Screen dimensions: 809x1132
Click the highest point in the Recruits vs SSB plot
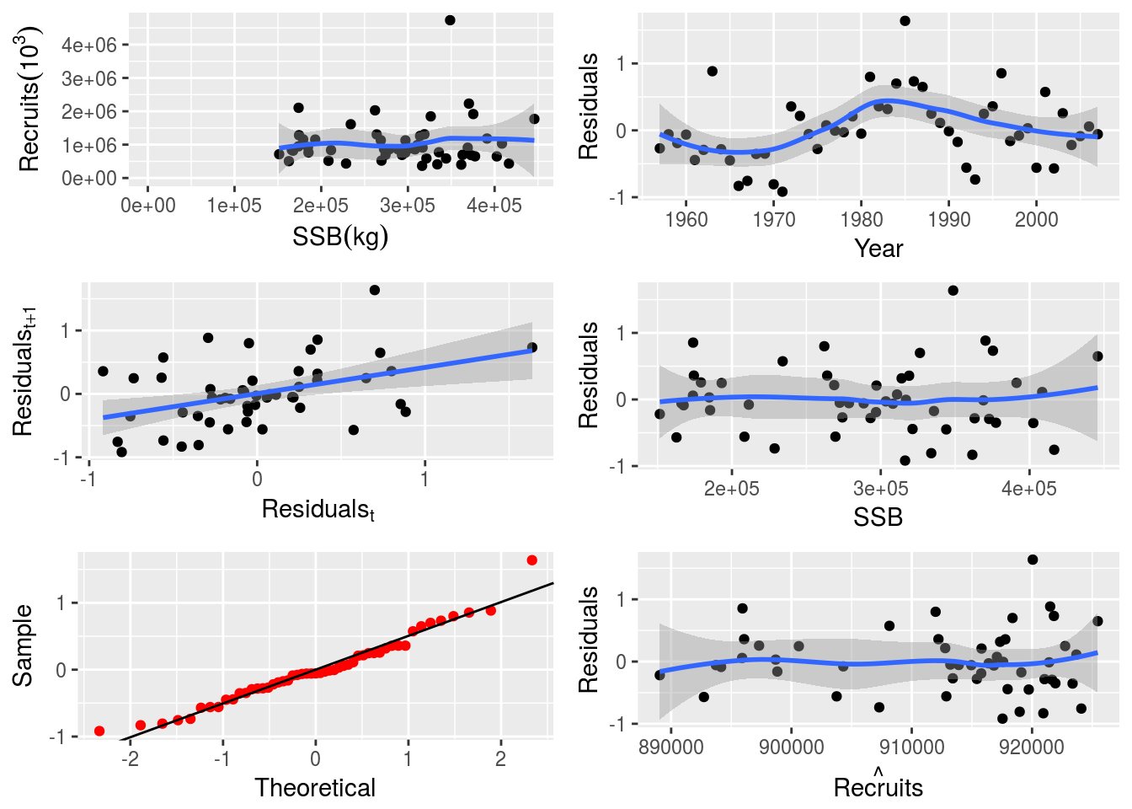pyautogui.click(x=450, y=20)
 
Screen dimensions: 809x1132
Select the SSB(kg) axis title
pyautogui.click(x=340, y=237)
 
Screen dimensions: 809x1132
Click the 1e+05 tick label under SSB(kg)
pyautogui.click(x=234, y=206)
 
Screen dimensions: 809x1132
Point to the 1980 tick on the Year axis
pyautogui.click(x=862, y=219)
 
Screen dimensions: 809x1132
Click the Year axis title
pyautogui.click(x=878, y=249)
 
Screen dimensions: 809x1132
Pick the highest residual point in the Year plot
pyautogui.click(x=905, y=21)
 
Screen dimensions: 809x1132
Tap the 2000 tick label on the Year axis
pyautogui.click(x=1036, y=219)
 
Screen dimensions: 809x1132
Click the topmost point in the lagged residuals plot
pyautogui.click(x=375, y=290)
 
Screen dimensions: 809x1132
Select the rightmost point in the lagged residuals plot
pyautogui.click(x=531, y=347)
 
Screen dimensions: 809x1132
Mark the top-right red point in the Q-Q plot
pyautogui.click(x=531, y=560)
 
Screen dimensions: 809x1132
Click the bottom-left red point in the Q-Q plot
pyautogui.click(x=99, y=731)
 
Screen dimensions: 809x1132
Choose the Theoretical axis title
pyautogui.click(x=315, y=788)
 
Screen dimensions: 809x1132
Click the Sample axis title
pyautogui.click(x=23, y=645)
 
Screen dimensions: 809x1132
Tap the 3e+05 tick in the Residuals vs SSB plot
pyautogui.click(x=880, y=489)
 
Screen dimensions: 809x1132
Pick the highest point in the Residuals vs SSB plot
pyautogui.click(x=953, y=291)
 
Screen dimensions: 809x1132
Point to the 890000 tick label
pyautogui.click(x=671, y=747)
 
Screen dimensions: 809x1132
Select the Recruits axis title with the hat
pyautogui.click(x=878, y=786)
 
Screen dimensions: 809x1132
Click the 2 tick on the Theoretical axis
pyautogui.click(x=500, y=758)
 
